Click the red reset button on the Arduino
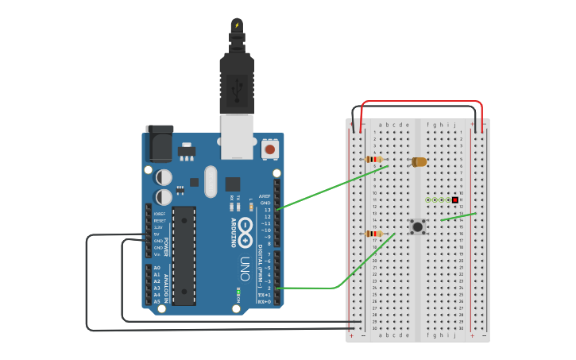(270, 149)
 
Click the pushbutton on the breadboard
(417, 226)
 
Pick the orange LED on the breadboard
(419, 161)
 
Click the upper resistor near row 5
(374, 159)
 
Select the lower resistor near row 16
(373, 234)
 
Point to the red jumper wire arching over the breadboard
(421, 102)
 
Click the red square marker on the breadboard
(455, 199)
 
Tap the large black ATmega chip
(184, 255)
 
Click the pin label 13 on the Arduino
(267, 210)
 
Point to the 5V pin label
(158, 234)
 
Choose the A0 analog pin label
(157, 268)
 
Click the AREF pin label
(265, 196)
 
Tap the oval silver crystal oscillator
(210, 181)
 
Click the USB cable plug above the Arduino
(237, 79)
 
